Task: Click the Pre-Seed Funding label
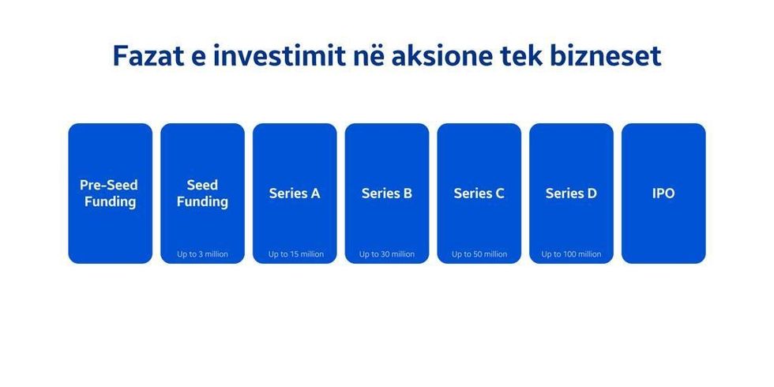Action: (x=110, y=193)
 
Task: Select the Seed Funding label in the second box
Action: (x=202, y=193)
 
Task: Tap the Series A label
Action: (x=295, y=193)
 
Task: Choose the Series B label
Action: (x=387, y=193)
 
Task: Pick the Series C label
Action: (x=479, y=193)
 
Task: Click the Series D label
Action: (x=571, y=193)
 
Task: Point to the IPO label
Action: (x=663, y=193)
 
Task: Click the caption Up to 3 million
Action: (x=202, y=254)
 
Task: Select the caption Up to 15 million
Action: (x=295, y=254)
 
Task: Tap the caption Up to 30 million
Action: (x=387, y=254)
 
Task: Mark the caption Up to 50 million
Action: (x=479, y=254)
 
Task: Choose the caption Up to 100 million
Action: (x=571, y=254)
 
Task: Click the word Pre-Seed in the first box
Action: (x=109, y=186)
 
